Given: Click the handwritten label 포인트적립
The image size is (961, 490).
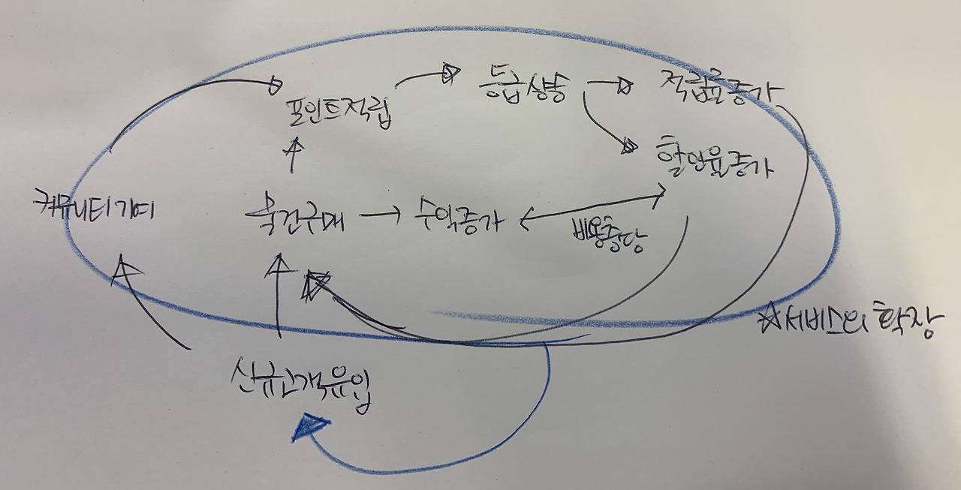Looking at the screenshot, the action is [x=340, y=113].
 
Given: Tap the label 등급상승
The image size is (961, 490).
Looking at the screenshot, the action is [x=521, y=88].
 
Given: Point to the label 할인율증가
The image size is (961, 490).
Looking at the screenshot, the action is [x=712, y=157].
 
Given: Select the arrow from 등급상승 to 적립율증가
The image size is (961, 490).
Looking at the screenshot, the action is [x=610, y=84].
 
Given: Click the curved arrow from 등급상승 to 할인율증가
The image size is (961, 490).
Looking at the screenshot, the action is [x=601, y=124].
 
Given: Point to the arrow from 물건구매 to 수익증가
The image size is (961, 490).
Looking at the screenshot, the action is [x=382, y=215].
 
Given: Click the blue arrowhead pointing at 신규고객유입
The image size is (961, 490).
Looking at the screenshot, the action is [x=309, y=428].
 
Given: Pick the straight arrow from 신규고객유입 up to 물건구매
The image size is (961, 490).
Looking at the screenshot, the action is [x=279, y=296].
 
